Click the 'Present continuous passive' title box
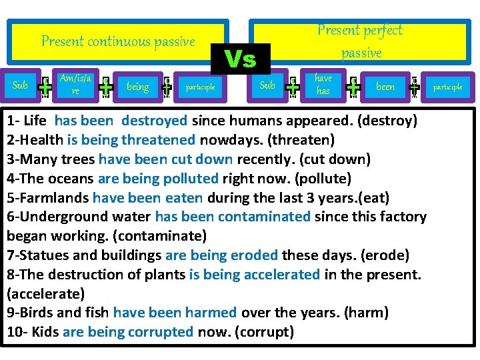pyautogui.click(x=118, y=41)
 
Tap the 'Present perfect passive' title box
pyautogui.click(x=360, y=41)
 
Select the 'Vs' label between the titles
pyautogui.click(x=240, y=59)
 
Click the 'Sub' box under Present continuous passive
pyautogui.click(x=21, y=85)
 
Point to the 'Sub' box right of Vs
pyautogui.click(x=267, y=85)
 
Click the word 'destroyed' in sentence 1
pyautogui.click(x=155, y=121)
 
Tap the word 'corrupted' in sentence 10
pyautogui.click(x=160, y=331)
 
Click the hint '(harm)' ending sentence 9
pyautogui.click(x=367, y=312)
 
